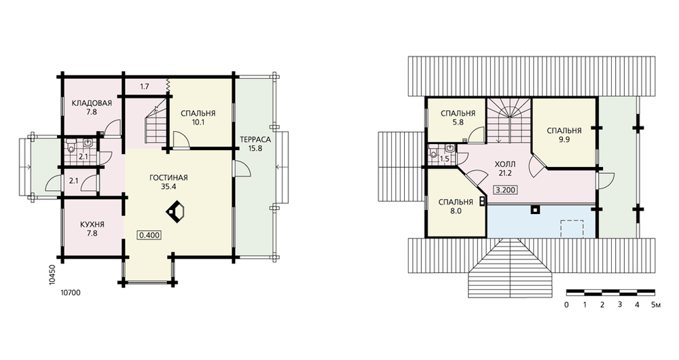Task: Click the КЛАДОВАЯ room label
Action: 92,103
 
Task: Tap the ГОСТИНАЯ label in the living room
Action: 168,177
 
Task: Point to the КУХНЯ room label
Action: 92,224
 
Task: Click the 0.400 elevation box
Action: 149,235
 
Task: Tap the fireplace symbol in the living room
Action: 177,212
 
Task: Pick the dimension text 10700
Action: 71,293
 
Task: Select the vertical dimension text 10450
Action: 52,274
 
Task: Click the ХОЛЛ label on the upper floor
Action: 505,164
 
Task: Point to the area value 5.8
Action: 458,122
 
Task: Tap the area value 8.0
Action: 456,211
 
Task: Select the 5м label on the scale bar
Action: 656,304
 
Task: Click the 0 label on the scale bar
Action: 567,304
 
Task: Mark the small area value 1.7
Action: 145,87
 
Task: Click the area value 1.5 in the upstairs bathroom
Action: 444,159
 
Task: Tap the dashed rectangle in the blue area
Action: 572,229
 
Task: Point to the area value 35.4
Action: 168,187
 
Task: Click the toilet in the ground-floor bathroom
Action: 72,146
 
